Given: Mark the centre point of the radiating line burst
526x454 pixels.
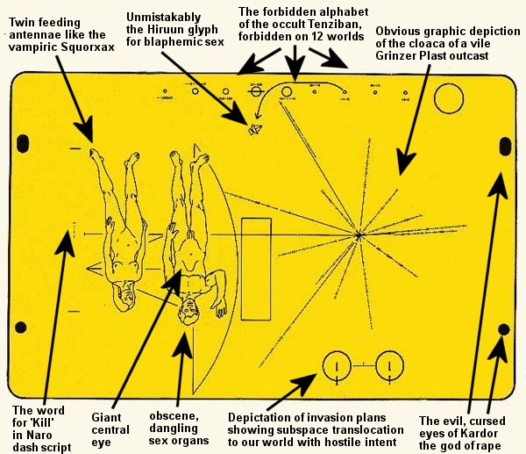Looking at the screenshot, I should point(359,234).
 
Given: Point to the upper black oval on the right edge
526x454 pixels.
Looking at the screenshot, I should point(504,146).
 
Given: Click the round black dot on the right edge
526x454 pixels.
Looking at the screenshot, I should point(503,328).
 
